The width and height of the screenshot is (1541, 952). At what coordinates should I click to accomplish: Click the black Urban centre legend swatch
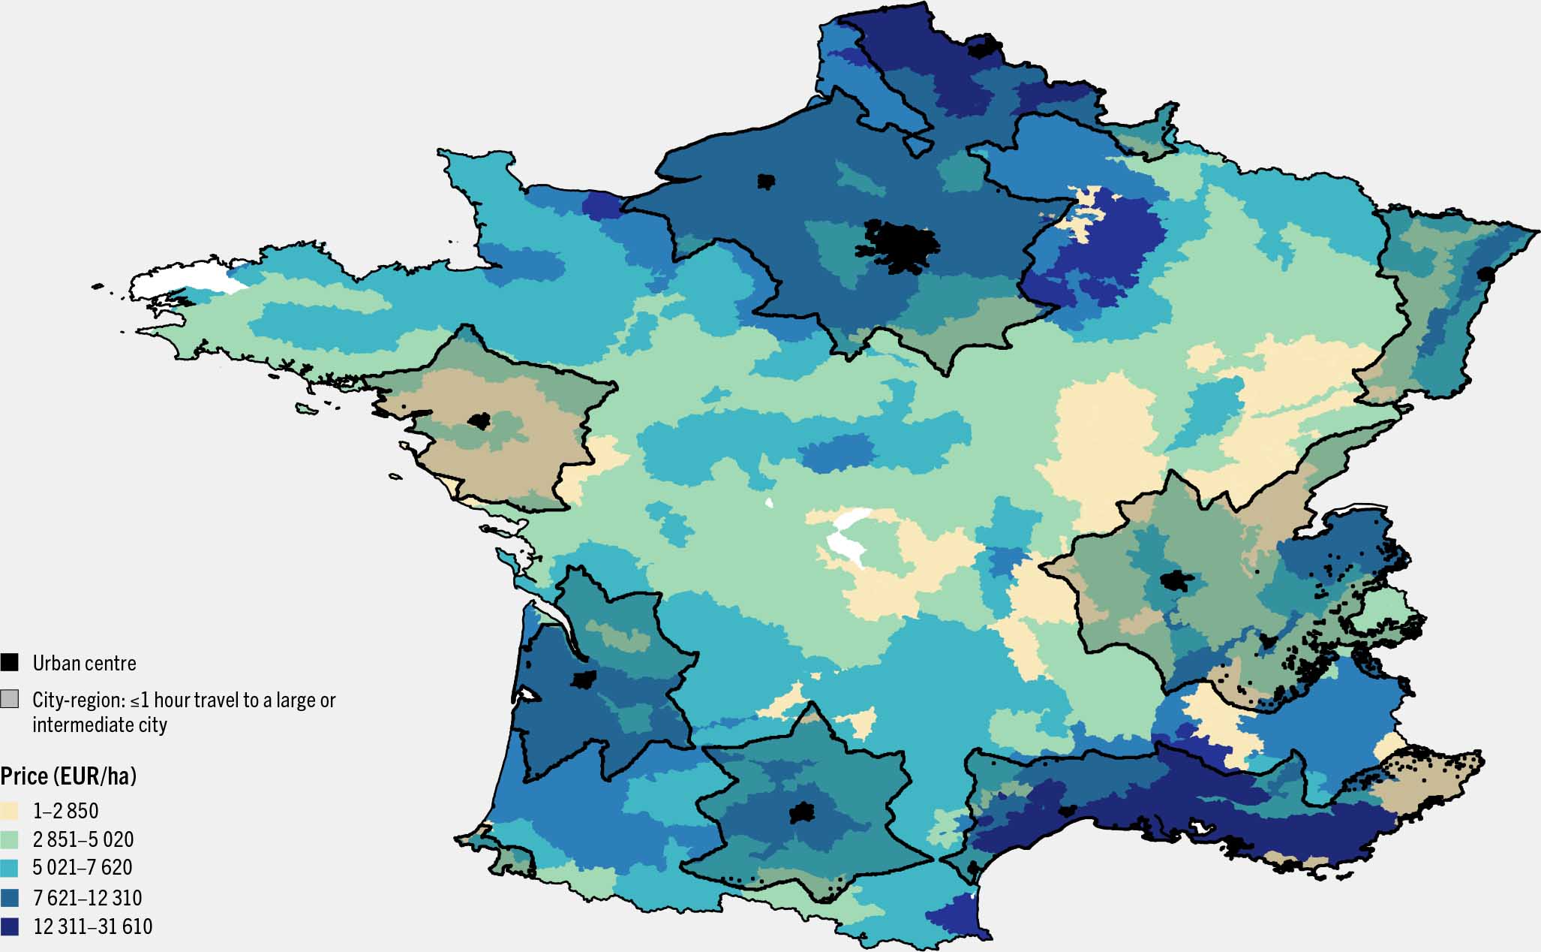coord(9,662)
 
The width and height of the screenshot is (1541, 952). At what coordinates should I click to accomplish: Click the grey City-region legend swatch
coord(9,699)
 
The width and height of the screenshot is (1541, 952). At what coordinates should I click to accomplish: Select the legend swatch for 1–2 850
coord(9,810)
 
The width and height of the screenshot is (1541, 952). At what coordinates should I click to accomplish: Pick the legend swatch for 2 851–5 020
coord(9,839)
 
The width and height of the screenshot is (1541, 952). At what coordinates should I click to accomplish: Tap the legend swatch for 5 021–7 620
coord(9,867)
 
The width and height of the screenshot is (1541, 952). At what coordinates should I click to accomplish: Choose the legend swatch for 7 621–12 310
coord(9,897)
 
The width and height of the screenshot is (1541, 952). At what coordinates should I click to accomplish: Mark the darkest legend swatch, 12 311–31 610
coord(9,926)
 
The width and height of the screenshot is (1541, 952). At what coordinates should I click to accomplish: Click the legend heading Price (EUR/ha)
coord(68,776)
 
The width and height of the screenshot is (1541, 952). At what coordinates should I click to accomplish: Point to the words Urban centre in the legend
coord(84,663)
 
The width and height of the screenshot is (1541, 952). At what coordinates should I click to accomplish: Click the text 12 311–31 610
coord(92,926)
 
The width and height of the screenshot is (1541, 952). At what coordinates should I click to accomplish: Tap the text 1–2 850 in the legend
coord(65,810)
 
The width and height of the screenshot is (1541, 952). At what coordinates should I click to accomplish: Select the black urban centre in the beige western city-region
coord(479,420)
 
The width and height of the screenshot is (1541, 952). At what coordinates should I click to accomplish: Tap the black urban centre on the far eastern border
coord(1485,274)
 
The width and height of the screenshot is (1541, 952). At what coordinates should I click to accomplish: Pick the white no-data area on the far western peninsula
coord(180,282)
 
